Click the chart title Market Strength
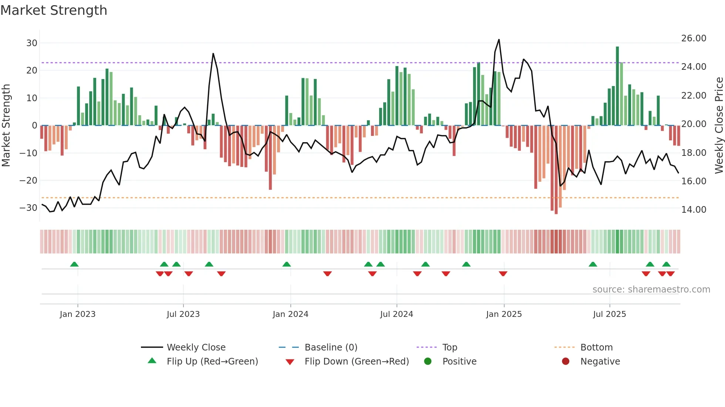(54, 10)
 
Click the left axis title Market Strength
(6, 125)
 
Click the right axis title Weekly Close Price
(719, 125)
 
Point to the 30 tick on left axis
(32, 43)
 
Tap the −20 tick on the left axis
(28, 180)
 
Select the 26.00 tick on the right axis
(694, 38)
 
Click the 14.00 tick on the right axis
(694, 209)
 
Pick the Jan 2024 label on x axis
(290, 314)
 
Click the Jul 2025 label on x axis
(609, 314)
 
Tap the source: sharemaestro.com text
(651, 289)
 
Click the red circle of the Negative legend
(566, 361)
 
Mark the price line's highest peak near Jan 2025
(499, 40)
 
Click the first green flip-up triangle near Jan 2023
(74, 264)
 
